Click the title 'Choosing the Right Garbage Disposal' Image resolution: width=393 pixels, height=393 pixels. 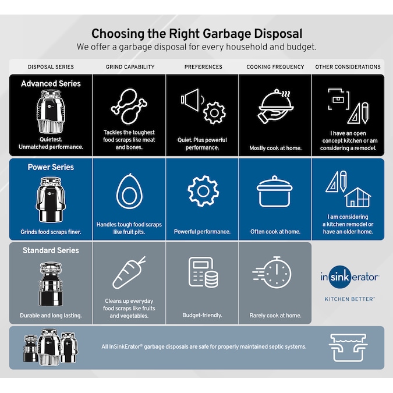pos(196,34)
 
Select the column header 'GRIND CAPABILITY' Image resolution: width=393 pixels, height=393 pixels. pos(130,67)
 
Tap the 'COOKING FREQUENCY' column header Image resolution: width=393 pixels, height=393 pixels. pos(275,67)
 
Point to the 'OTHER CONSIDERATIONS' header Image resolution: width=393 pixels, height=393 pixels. pos(348,67)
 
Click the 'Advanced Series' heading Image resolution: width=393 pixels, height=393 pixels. pos(51,84)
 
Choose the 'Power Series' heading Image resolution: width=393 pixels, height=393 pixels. pos(51,167)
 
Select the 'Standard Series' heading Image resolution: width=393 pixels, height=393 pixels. pos(51,250)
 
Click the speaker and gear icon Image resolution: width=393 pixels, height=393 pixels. pos(202,105)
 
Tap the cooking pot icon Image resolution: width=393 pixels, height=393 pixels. pos(275,191)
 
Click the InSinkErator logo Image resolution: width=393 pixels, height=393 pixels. pos(349,277)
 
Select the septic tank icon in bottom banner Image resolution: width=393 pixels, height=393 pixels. pos(348,346)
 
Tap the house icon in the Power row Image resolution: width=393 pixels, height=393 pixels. pos(357,198)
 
